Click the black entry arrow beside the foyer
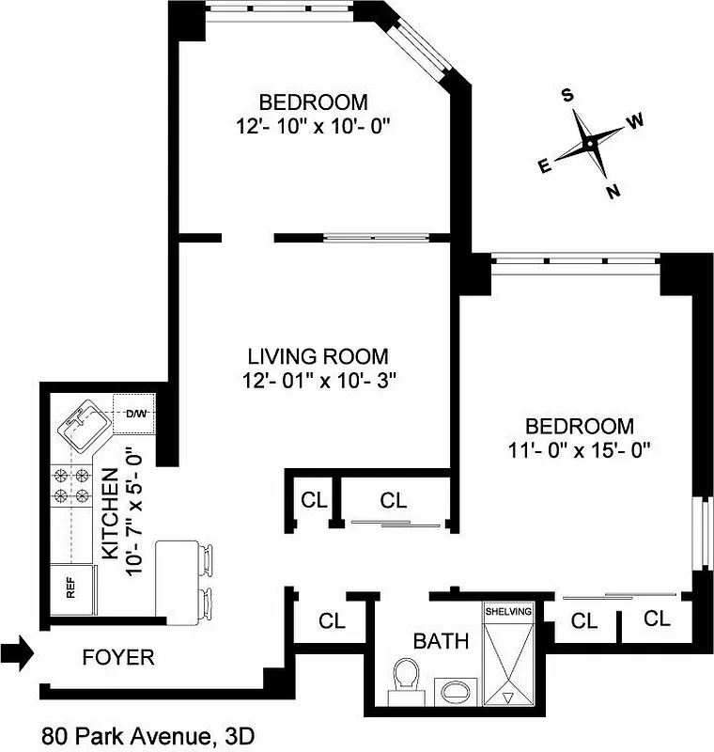(18, 652)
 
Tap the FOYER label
(117, 657)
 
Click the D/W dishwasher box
(135, 413)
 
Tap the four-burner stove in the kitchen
(71, 485)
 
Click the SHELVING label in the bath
(507, 612)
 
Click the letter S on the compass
(567, 95)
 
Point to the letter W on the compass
(636, 120)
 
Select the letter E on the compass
(544, 166)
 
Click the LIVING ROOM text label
(318, 357)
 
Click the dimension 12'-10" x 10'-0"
(313, 125)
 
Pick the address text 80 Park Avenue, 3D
(147, 734)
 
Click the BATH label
(441, 642)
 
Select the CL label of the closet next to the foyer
(332, 621)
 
